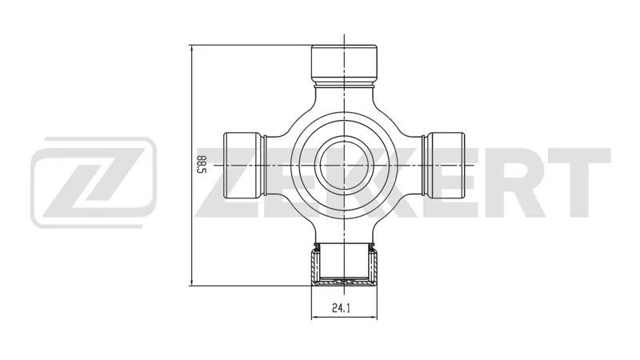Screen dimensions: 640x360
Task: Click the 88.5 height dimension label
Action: coord(202,165)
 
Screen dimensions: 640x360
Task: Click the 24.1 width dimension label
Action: coord(341,308)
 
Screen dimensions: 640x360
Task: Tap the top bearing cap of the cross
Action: coord(344,63)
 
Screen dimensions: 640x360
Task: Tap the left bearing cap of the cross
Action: coord(242,165)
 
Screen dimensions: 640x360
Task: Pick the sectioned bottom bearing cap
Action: coord(344,265)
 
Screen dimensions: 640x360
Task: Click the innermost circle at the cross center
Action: coord(344,165)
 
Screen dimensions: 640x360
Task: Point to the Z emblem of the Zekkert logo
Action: coord(94,182)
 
